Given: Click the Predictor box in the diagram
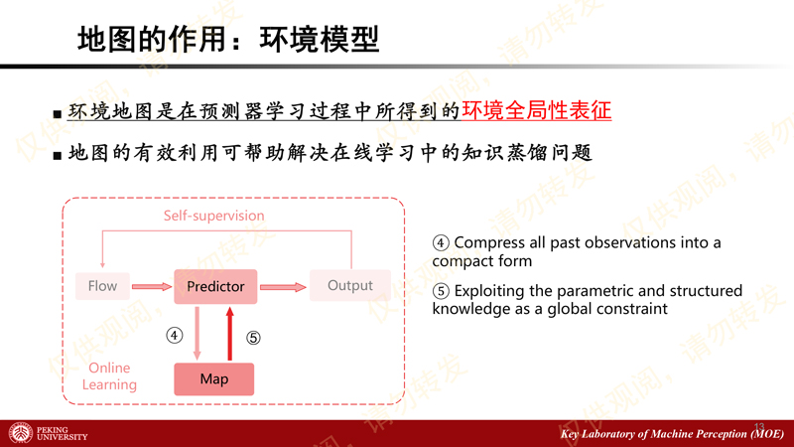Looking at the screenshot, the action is (215, 287).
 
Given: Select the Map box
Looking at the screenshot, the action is (214, 379).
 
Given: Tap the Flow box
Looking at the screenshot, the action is (103, 286).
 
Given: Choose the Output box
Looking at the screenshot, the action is (350, 285).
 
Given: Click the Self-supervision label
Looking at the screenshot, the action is (213, 216).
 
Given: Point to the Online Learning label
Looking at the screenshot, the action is (109, 376).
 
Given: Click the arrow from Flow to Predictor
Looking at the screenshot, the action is (152, 287).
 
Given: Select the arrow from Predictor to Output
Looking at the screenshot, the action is (283, 287).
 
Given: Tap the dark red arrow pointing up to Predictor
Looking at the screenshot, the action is (230, 334).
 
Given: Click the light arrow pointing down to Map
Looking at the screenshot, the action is (197, 334).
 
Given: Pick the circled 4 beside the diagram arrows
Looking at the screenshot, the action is (175, 335).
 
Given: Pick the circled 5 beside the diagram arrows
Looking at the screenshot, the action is (253, 338).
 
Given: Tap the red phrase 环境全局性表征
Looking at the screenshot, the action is (537, 110).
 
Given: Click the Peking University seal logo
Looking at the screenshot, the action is (20, 433).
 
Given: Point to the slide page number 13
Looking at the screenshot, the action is (759, 427).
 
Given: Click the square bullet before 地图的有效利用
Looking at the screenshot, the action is (58, 155).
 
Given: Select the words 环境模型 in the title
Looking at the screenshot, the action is (319, 40).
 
